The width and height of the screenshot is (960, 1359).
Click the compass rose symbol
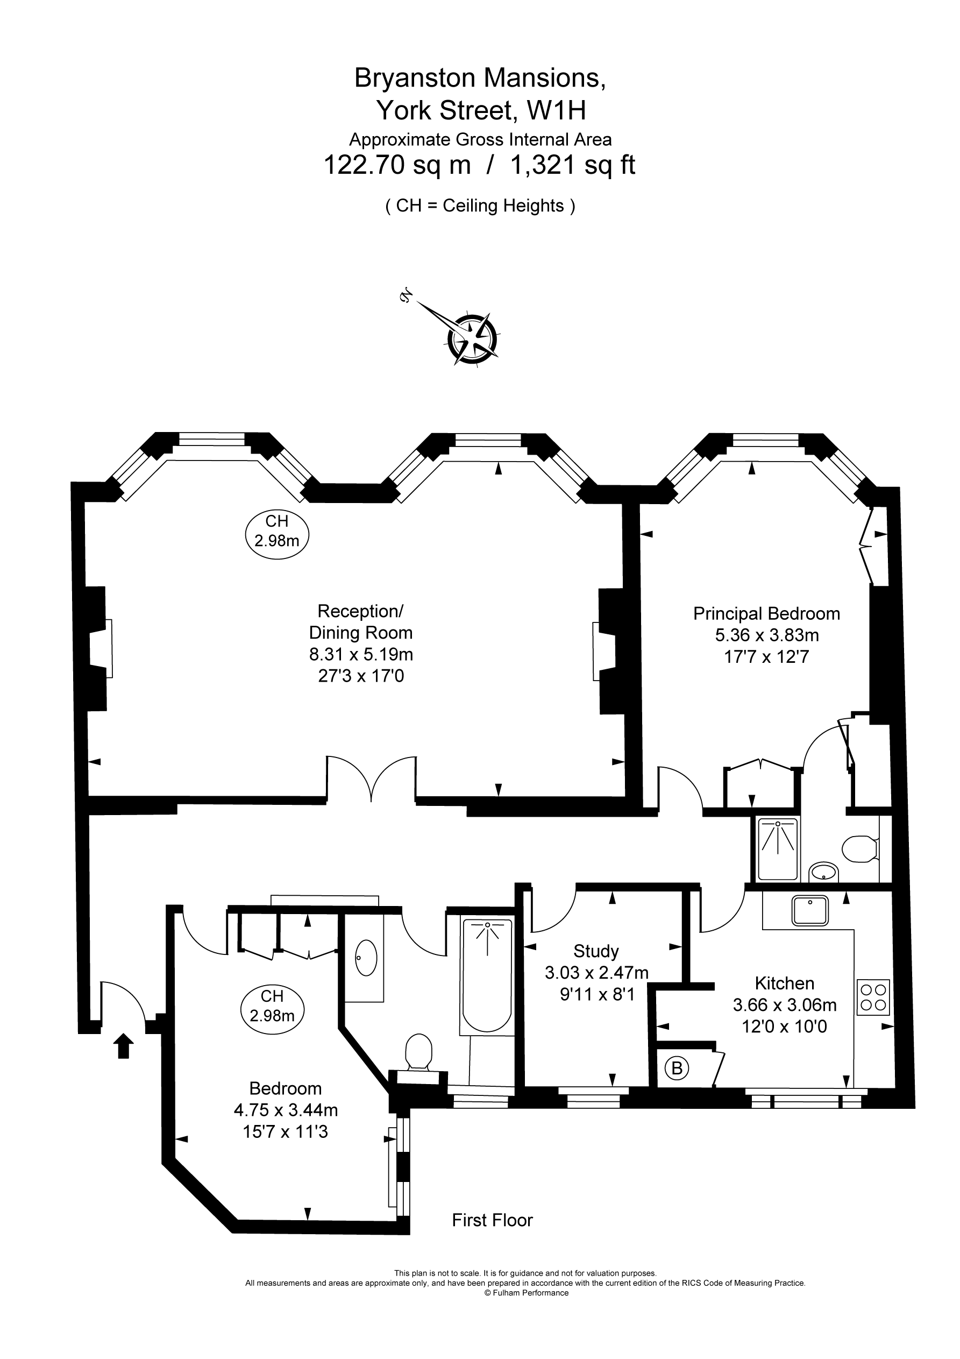pyautogui.click(x=472, y=338)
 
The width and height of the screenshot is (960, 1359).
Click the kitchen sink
pyautogui.click(x=811, y=911)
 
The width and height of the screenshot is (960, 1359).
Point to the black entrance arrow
pyautogui.click(x=123, y=1045)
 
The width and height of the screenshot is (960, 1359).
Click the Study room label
pyautogui.click(x=596, y=951)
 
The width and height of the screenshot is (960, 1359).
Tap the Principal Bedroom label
pyautogui.click(x=766, y=613)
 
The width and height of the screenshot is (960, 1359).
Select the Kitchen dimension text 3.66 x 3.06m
pyautogui.click(x=785, y=1004)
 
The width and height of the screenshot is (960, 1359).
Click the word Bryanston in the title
pyautogui.click(x=414, y=77)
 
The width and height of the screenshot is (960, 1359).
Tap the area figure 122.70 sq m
pyautogui.click(x=396, y=165)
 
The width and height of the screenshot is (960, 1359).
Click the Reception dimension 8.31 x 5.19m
pyautogui.click(x=361, y=654)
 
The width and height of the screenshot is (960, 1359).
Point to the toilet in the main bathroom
pyautogui.click(x=419, y=1057)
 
